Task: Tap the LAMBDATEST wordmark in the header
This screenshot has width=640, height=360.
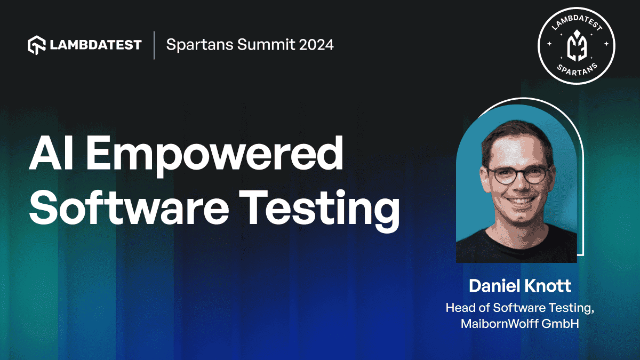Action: [x=96, y=45]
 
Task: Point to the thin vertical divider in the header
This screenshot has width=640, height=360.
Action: [x=154, y=45]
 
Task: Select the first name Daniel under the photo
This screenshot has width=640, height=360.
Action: [x=493, y=286]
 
